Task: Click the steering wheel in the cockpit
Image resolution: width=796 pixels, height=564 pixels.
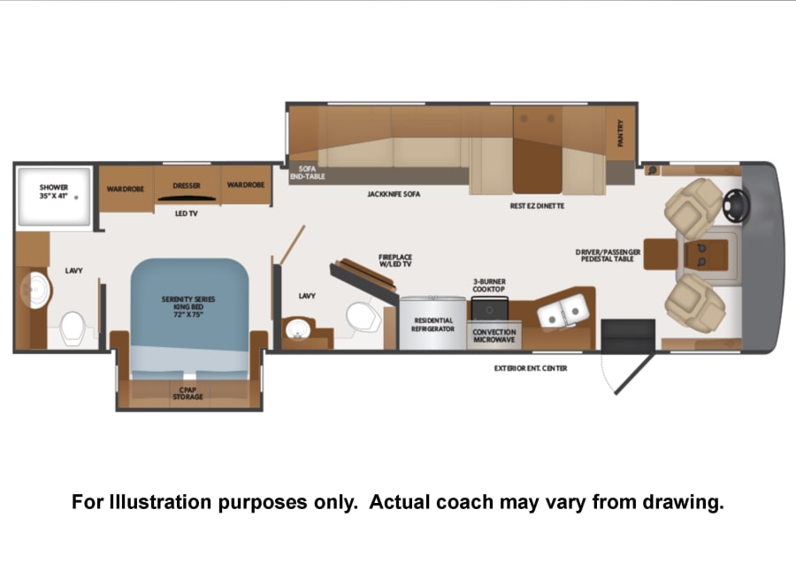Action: click(737, 205)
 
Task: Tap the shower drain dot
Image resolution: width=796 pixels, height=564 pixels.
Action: click(76, 197)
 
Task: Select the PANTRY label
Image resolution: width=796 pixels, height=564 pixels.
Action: click(620, 133)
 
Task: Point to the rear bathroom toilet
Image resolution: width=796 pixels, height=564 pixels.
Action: click(73, 328)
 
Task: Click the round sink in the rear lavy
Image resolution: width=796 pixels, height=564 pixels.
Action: click(36, 290)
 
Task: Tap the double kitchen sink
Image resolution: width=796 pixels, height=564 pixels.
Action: click(563, 311)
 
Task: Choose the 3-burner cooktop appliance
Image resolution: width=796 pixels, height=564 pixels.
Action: click(489, 308)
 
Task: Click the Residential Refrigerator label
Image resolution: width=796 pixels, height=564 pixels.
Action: click(433, 325)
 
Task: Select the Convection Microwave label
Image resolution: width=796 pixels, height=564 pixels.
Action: click(494, 336)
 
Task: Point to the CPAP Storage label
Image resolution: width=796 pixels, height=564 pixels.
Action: click(188, 393)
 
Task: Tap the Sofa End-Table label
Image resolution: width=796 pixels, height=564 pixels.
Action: click(307, 173)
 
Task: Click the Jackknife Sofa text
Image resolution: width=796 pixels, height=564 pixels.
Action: click(394, 194)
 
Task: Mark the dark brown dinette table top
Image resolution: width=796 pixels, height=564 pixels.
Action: click(537, 166)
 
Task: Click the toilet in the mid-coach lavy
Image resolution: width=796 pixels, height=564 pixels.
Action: click(364, 317)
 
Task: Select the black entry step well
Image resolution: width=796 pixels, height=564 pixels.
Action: click(628, 335)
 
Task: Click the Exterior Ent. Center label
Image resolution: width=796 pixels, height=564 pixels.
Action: click(531, 368)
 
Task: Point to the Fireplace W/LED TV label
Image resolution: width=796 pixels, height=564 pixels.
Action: click(395, 260)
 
